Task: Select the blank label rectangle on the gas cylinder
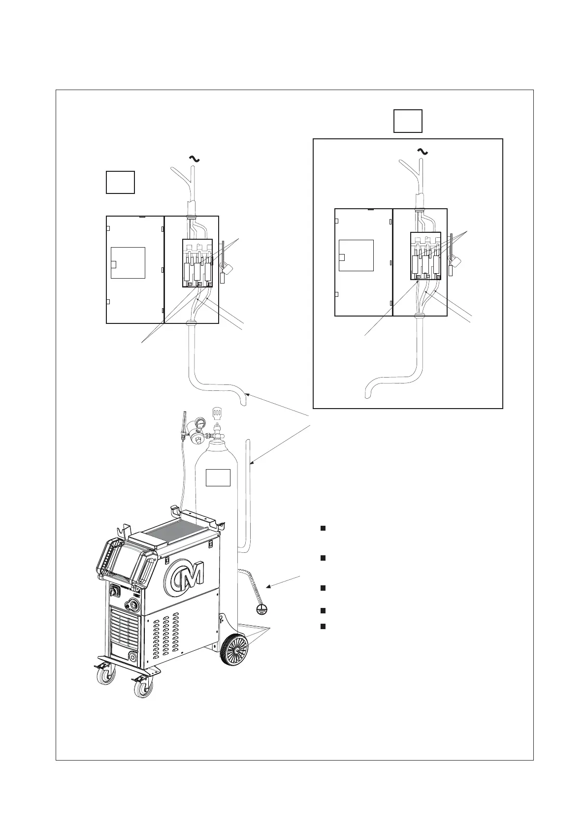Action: pos(218,478)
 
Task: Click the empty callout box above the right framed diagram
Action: pos(408,121)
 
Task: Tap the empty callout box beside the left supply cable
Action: pos(120,182)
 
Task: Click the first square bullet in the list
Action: pos(323,528)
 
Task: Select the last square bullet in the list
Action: pos(323,626)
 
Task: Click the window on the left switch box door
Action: pos(128,263)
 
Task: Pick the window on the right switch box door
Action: pos(356,255)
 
